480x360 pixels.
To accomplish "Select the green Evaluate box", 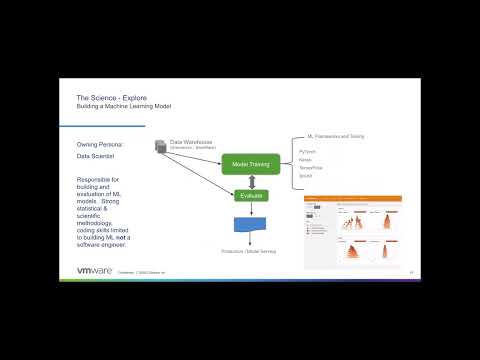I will [250, 196].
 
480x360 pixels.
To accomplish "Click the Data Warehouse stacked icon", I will [160, 147].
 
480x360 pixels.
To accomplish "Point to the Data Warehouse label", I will [190, 143].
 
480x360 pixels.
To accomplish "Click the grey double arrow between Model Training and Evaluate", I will [251, 181].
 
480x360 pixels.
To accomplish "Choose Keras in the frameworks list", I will [306, 159].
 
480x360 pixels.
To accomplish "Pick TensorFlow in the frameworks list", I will [310, 167].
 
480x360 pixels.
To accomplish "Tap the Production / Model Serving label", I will [249, 251].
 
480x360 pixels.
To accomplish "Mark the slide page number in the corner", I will [412, 270].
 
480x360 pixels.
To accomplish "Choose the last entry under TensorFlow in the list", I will [305, 175].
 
